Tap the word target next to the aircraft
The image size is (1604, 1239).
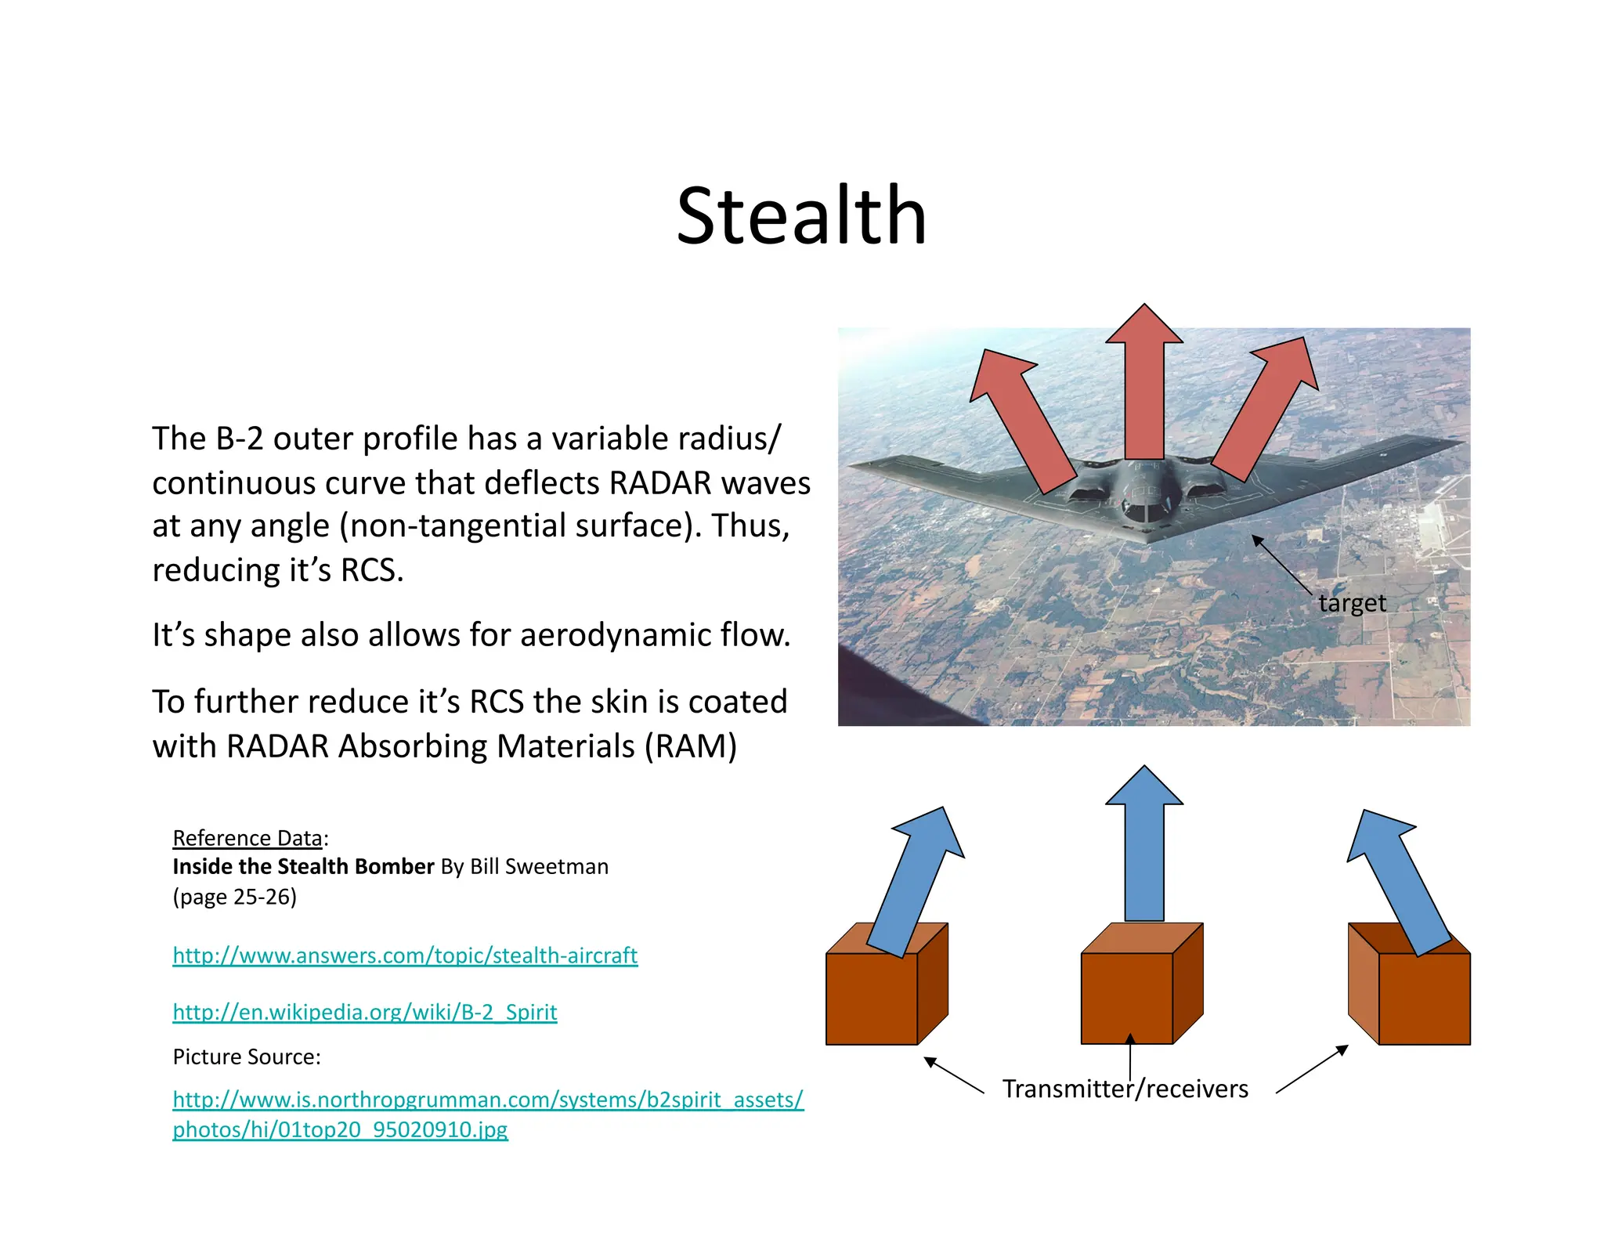(x=1352, y=603)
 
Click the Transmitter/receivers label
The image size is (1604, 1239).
(x=1125, y=1089)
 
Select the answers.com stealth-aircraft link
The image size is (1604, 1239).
(x=405, y=955)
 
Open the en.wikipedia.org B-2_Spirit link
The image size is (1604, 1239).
(x=364, y=1012)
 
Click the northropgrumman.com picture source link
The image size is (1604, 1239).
(x=487, y=1100)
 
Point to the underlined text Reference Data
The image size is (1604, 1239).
(x=247, y=838)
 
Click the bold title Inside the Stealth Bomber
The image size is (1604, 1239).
(x=303, y=866)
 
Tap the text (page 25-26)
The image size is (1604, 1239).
(x=234, y=896)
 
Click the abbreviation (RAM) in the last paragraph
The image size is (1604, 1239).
(x=690, y=746)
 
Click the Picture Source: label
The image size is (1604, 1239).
(x=247, y=1057)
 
